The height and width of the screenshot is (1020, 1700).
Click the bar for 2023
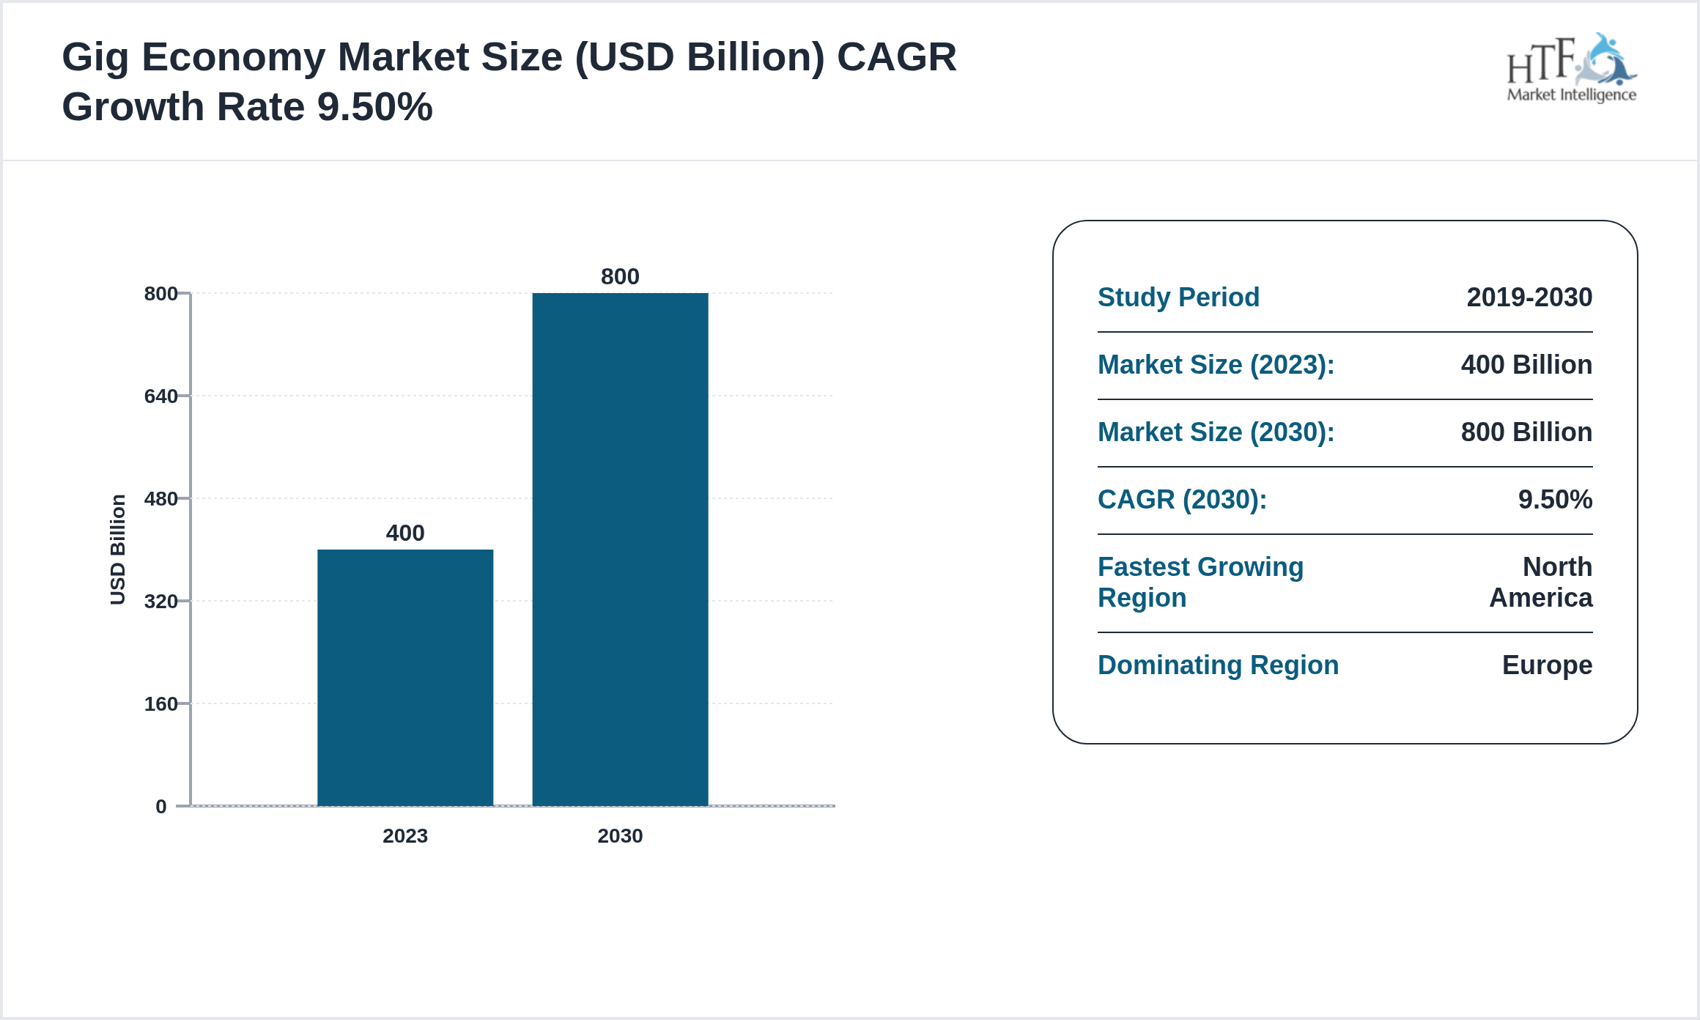404,677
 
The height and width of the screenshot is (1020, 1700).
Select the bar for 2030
620,550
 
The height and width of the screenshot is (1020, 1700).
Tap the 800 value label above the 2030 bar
620,276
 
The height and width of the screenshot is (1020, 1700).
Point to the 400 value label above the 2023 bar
404,533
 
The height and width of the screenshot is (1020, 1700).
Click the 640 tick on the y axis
160,396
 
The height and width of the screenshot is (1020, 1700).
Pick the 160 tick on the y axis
160,704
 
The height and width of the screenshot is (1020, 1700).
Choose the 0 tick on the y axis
161,807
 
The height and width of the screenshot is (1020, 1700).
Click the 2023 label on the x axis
404,836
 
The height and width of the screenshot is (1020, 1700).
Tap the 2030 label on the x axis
620,836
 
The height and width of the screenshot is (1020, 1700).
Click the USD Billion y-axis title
118,550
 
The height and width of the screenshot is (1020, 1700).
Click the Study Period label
1178,297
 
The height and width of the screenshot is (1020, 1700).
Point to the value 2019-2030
1529,297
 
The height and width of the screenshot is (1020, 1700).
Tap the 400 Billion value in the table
1526,365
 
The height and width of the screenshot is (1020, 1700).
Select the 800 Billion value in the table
1526,432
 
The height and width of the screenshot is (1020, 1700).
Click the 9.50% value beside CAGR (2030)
1555,500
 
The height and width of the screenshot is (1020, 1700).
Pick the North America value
1541,583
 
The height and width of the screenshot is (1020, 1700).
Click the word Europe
1547,665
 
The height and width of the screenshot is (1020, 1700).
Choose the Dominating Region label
1218,665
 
